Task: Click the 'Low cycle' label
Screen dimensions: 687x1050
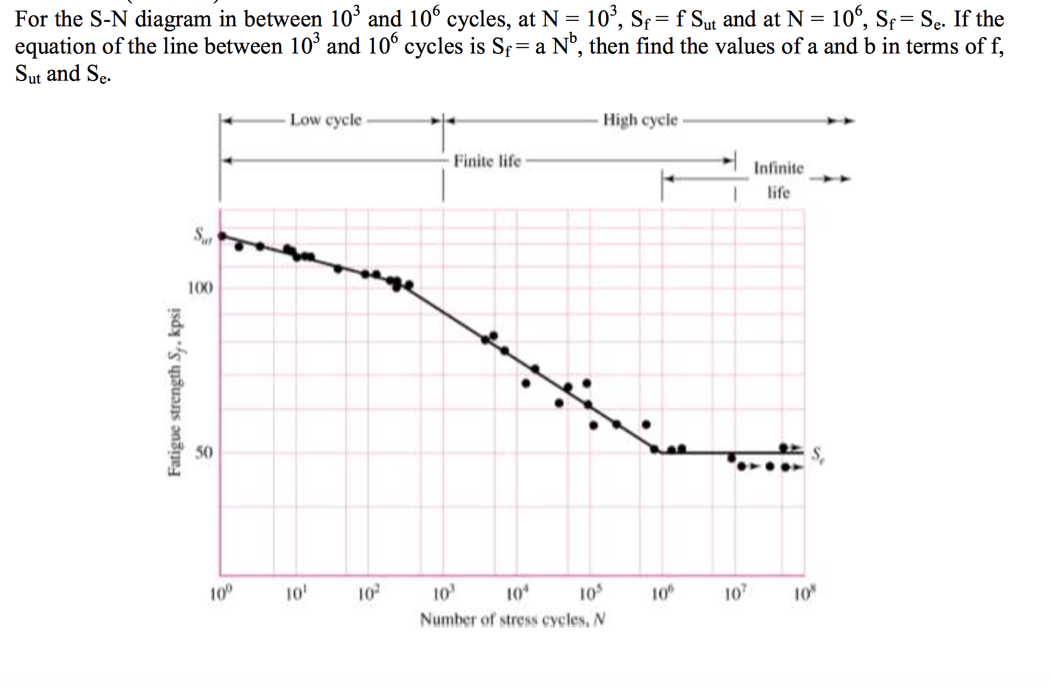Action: pos(325,120)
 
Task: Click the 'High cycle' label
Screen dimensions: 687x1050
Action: pos(640,120)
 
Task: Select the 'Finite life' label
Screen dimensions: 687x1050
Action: pos(486,162)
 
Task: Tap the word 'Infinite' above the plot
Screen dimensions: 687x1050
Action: pos(778,168)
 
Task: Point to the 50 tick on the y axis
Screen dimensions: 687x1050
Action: pos(204,453)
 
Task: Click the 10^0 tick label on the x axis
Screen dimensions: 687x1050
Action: pos(218,595)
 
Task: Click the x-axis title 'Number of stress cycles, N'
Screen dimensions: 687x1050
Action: pos(513,620)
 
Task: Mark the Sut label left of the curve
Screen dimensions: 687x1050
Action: pos(202,235)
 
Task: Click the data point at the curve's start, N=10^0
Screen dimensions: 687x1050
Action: pos(222,235)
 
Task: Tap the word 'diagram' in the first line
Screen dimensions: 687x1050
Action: pos(164,20)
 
